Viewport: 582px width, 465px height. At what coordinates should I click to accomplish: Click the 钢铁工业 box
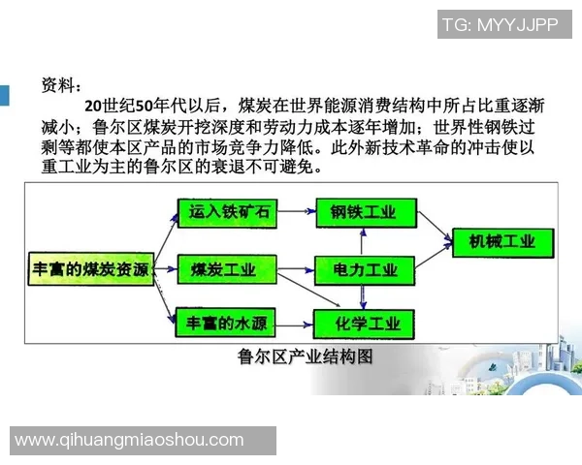[x=363, y=213]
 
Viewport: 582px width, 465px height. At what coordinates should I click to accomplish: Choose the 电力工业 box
[x=364, y=268]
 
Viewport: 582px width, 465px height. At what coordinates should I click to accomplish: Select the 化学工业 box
[x=364, y=322]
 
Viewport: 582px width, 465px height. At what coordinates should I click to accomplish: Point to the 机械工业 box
[x=501, y=240]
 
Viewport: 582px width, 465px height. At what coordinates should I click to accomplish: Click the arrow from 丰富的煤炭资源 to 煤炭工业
[x=165, y=268]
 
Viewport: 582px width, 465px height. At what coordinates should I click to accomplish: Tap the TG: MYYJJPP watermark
[x=500, y=26]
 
